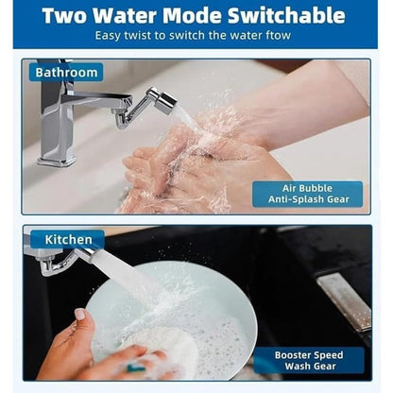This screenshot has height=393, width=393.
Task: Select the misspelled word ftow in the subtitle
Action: coord(282,36)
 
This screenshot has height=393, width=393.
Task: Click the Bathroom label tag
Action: coord(65,72)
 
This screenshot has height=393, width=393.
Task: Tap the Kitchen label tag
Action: coord(66,240)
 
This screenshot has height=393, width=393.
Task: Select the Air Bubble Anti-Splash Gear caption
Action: coord(307,193)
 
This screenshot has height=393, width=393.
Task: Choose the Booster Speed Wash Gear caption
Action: coord(307,360)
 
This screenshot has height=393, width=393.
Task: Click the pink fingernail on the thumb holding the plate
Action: coord(80,315)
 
